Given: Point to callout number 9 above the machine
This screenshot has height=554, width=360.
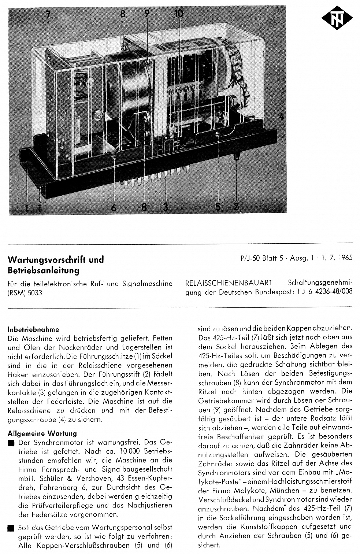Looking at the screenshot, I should pos(147,14).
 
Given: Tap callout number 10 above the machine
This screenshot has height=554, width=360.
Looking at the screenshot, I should pos(178,14).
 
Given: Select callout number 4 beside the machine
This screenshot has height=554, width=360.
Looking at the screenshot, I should pos(281,117).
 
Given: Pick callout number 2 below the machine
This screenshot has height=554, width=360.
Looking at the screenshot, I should pos(236,207).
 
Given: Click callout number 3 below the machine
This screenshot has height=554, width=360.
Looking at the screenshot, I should pos(166,207).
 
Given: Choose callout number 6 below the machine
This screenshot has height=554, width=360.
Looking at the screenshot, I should pos(114,207).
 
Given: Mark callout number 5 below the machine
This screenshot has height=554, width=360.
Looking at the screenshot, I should pos(218,207).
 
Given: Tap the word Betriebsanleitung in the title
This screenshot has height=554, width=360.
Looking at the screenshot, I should pos(43,271).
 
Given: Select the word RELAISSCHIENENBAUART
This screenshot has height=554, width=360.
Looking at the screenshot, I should pos(229,283).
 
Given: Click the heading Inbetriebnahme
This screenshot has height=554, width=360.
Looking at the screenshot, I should pos(33,329).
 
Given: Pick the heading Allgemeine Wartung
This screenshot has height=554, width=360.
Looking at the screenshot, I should pos(42,433).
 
